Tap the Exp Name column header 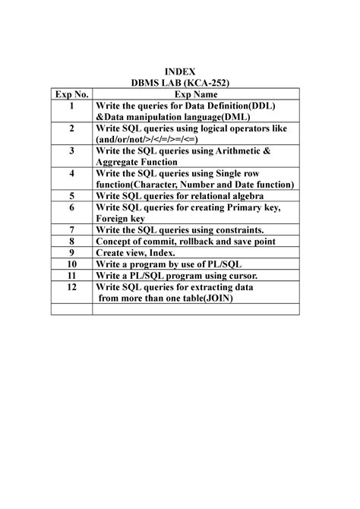pos(196,93)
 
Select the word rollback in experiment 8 pos(205,242)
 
